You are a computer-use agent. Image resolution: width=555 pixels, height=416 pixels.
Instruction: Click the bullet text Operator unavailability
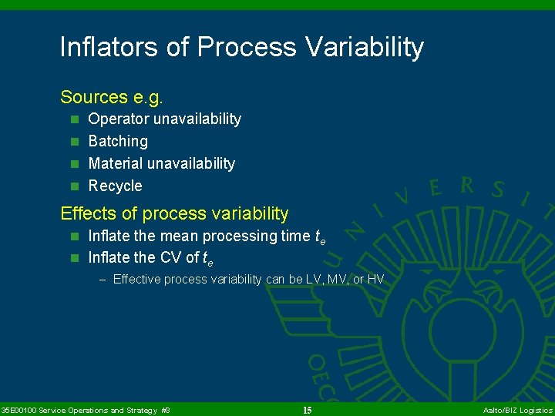(164, 119)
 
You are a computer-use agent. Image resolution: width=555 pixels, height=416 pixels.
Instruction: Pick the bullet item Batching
(118, 142)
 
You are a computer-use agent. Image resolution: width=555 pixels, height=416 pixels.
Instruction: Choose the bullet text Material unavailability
(161, 164)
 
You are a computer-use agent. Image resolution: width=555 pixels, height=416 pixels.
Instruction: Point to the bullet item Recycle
(115, 186)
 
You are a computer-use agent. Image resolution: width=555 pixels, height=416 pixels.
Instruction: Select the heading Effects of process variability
(174, 213)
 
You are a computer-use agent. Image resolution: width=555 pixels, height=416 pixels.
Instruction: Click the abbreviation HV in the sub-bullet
(376, 280)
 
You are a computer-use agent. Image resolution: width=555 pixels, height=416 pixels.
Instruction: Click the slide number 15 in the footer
(307, 411)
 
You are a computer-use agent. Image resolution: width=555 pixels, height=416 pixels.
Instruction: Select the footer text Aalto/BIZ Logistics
(517, 411)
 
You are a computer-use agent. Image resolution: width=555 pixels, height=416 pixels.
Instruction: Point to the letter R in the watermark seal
(466, 186)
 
